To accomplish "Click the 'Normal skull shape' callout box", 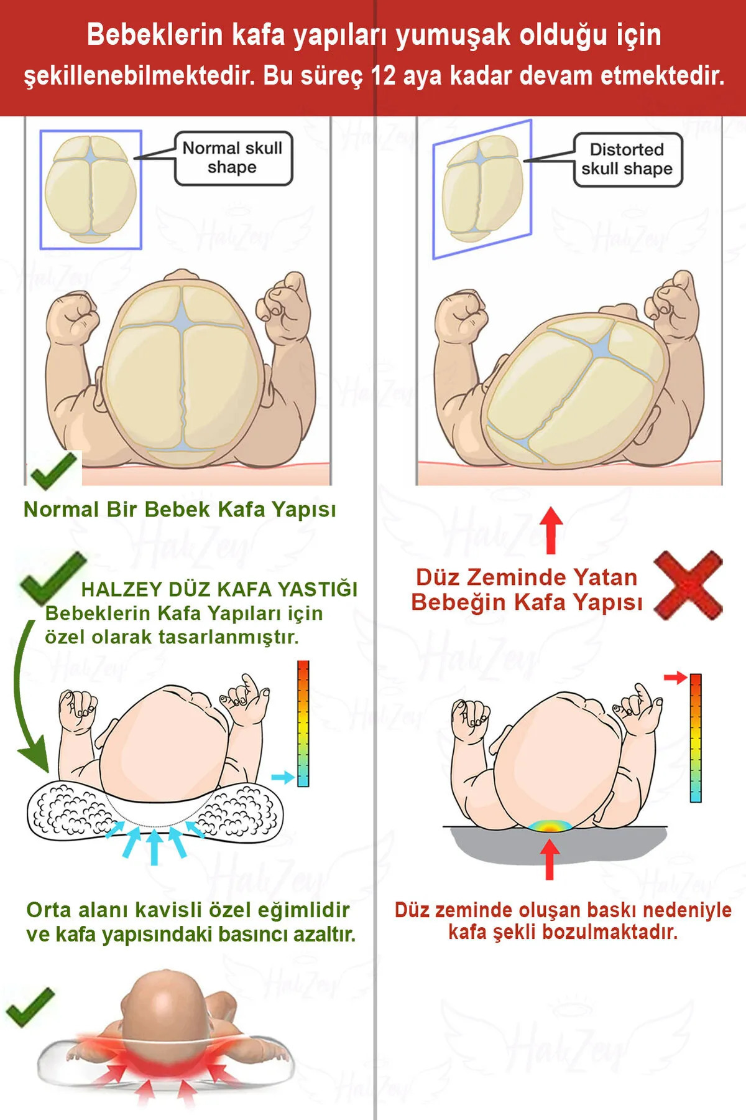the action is [233, 158].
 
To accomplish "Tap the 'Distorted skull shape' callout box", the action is [627, 159].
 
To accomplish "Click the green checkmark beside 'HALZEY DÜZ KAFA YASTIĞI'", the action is [52, 578].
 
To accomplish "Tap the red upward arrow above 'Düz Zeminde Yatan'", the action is [551, 530].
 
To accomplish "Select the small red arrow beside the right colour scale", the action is [675, 677].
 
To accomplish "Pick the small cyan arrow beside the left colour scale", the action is [283, 777].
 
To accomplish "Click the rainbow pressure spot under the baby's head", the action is [550, 826].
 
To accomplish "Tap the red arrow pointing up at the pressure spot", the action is [550, 859].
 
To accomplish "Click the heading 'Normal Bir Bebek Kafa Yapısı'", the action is [180, 510].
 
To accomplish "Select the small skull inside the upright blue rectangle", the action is [91, 189].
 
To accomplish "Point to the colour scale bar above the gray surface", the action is [696, 738].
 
